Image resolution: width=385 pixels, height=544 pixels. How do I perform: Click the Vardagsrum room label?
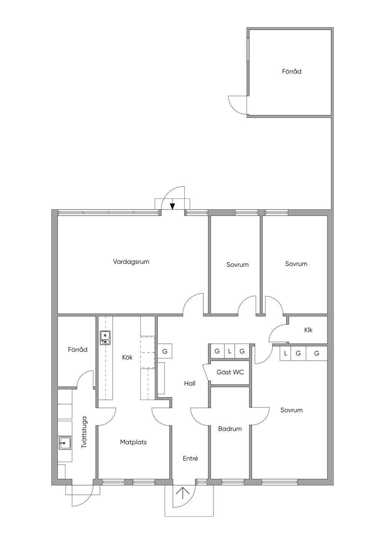coord(131,262)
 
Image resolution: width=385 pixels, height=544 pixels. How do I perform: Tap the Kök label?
coord(127,357)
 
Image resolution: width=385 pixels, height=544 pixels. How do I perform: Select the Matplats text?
coord(133,442)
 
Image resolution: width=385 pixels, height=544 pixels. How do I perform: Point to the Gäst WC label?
coord(230,372)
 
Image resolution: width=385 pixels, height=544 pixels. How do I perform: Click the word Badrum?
coord(230,429)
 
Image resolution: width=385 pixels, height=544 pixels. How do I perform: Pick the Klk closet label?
coord(308,330)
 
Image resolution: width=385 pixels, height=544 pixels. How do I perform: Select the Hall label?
coord(190,384)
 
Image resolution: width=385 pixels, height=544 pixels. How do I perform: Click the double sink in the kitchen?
coord(105,338)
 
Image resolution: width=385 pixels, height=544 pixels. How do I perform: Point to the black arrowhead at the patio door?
coord(172,206)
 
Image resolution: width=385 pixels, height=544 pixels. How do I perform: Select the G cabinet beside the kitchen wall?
coord(165,351)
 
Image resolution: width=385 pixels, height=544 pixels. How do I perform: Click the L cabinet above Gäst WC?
coord(229,351)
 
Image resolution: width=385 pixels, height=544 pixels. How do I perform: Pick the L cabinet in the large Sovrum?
coord(286,354)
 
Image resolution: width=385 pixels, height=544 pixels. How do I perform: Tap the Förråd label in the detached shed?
coord(292,71)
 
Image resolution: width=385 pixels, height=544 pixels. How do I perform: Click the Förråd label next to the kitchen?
coord(77,350)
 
